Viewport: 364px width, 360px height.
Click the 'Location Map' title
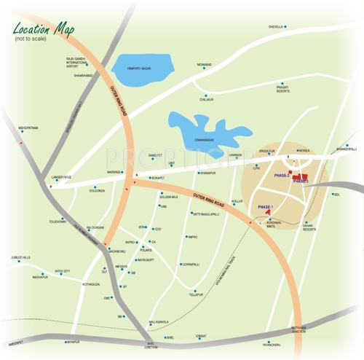click(41, 30)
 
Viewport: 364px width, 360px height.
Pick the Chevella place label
click(275, 27)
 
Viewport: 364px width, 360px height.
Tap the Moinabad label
click(205, 65)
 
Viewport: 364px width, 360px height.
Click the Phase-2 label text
click(282, 175)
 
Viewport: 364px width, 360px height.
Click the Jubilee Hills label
click(20, 257)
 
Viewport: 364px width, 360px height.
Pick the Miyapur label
click(71, 342)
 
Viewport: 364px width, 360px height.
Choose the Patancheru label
click(271, 344)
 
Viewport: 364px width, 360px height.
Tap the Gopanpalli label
click(191, 265)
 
